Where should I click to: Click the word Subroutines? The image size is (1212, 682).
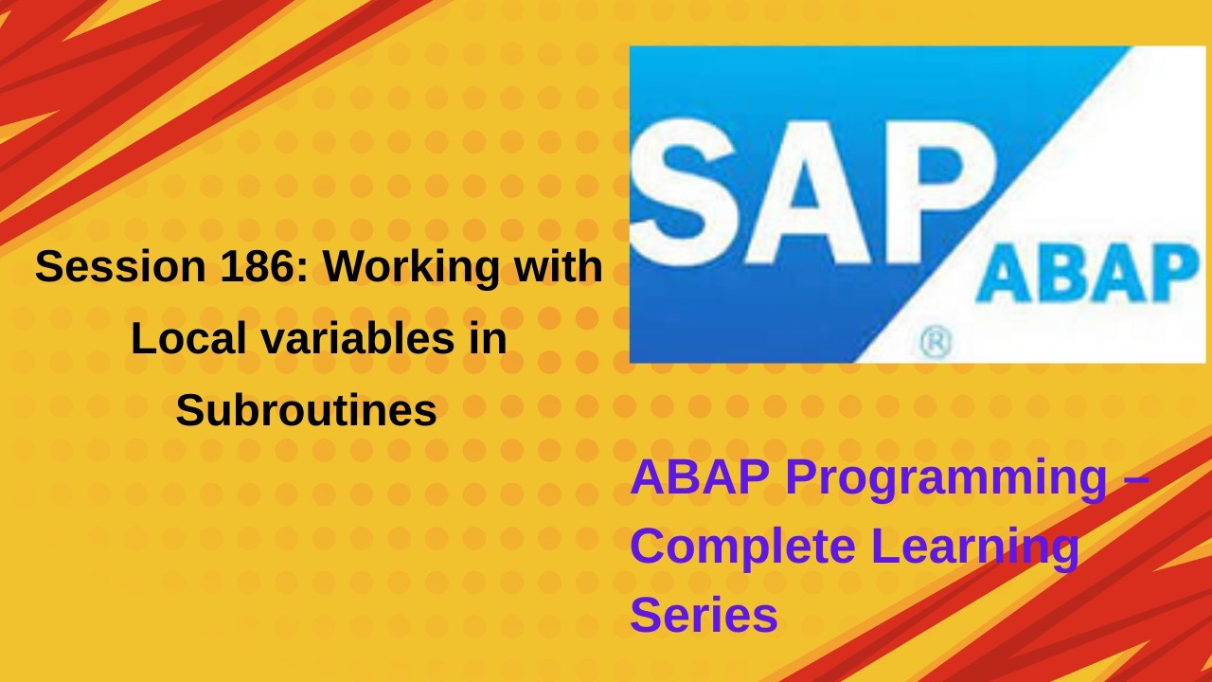pyautogui.click(x=306, y=411)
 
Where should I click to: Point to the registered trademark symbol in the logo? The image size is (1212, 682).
pyautogui.click(x=936, y=344)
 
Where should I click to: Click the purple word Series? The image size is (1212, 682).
pyautogui.click(x=704, y=615)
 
